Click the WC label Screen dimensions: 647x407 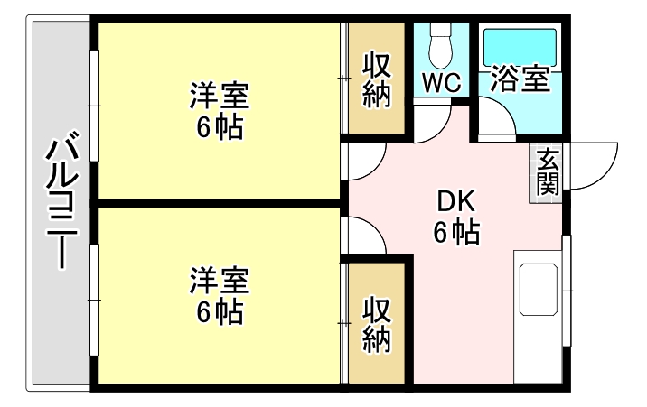click(442, 82)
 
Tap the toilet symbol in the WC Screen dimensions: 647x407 click(441, 45)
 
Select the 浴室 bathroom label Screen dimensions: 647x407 click(520, 79)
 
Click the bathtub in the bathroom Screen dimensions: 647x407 click(520, 47)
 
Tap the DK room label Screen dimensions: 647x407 click(456, 201)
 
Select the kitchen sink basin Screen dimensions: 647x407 click(539, 290)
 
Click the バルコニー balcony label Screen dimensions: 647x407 click(61, 200)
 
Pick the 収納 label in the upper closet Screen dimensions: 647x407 click(376, 80)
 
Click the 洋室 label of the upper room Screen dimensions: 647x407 click(220, 96)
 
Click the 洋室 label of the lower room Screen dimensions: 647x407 click(220, 281)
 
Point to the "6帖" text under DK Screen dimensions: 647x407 click(456, 233)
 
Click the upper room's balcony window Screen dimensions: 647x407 click(95, 106)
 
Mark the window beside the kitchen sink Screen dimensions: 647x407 click(567, 291)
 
